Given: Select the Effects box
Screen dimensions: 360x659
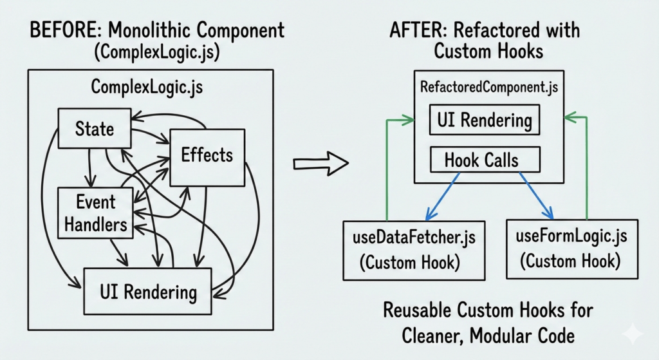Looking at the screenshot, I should pos(207,155).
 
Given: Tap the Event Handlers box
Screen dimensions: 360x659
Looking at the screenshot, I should pos(95,213).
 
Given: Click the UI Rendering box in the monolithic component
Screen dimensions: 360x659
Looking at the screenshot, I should pos(148,292).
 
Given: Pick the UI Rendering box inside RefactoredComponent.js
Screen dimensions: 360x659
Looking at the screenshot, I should pos(484,120).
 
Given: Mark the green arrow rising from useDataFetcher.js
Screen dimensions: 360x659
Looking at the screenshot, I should pos(386,167).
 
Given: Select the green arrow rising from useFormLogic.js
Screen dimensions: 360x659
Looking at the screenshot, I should pos(586,167).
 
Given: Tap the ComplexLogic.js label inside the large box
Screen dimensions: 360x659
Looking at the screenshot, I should pos(147,86).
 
